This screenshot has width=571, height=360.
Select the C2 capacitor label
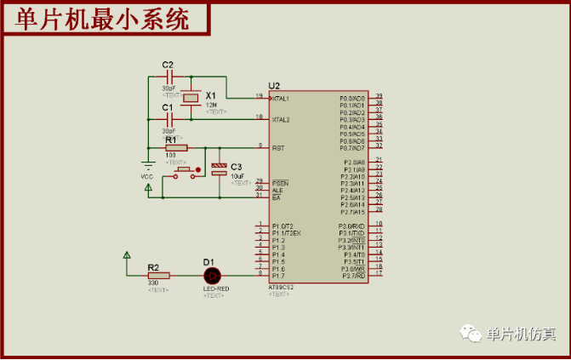click(168, 65)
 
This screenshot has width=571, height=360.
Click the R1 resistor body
click(177, 148)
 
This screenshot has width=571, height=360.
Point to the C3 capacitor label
click(237, 167)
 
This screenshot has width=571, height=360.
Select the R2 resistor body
click(159, 275)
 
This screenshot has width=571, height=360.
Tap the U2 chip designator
click(273, 86)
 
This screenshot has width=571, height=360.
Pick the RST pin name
click(277, 148)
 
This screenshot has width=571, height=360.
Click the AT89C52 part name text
click(280, 287)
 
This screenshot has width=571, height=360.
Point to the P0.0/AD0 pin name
click(352, 99)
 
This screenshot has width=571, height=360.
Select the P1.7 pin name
click(278, 276)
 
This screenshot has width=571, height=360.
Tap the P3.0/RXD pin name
click(352, 226)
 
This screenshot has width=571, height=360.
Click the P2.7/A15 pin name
click(353, 212)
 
